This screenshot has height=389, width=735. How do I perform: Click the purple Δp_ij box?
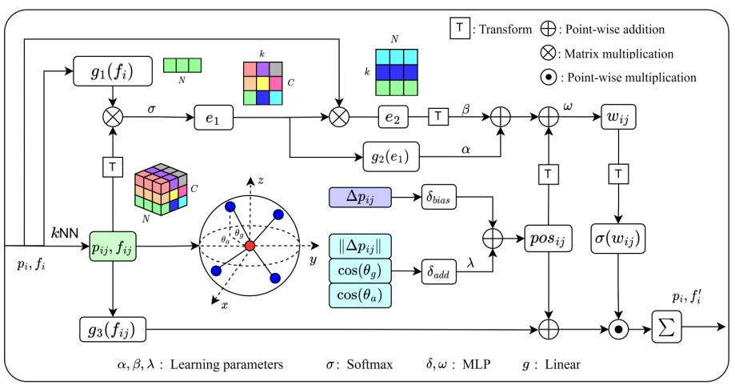tap(359, 197)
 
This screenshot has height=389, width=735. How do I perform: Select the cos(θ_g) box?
tap(359, 271)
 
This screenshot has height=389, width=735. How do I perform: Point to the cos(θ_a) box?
tap(359, 297)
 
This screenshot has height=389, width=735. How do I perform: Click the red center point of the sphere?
tap(249, 245)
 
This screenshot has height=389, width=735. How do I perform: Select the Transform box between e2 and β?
tap(438, 118)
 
